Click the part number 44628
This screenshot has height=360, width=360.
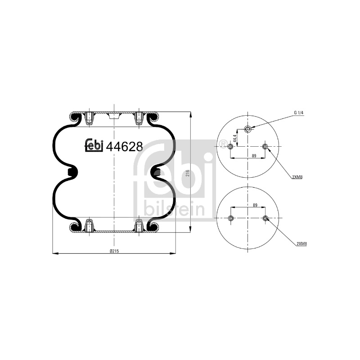(125, 146)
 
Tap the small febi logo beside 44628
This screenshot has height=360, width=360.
(94, 145)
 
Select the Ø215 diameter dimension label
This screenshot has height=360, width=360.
(114, 251)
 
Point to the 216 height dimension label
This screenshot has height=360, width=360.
(187, 173)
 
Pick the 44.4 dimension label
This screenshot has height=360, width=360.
(234, 139)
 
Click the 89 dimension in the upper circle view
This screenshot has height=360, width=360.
(254, 156)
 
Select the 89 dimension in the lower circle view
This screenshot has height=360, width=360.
(255, 205)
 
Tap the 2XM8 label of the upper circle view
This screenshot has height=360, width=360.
(297, 177)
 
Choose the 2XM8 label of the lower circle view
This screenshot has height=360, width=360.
(301, 244)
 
